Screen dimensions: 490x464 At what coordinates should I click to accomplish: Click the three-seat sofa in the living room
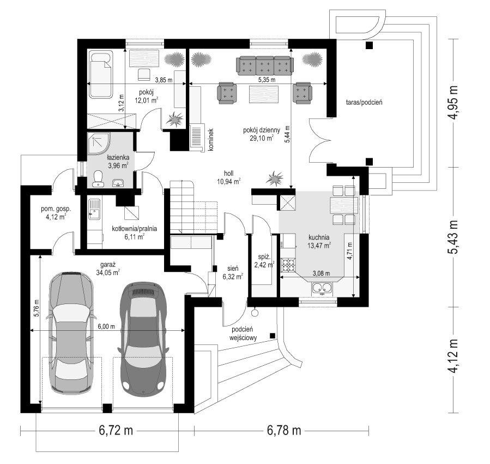(265, 66)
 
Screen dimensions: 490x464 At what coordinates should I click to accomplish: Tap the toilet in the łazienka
(98, 179)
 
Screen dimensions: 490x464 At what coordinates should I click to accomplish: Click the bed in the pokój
(101, 75)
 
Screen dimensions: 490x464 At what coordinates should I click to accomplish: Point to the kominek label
(210, 140)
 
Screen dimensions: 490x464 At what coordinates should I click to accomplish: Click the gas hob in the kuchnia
(289, 265)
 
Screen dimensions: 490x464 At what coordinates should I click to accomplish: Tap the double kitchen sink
(322, 288)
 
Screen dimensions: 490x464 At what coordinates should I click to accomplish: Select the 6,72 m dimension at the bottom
(116, 431)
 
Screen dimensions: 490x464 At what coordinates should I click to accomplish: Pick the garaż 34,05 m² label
(108, 269)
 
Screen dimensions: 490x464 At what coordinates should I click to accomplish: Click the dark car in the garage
(142, 340)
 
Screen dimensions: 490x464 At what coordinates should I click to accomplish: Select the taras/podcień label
(364, 102)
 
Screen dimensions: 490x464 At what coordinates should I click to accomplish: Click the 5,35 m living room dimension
(267, 80)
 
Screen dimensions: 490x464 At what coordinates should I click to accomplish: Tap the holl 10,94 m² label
(228, 177)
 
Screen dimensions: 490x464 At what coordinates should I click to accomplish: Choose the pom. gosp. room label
(56, 212)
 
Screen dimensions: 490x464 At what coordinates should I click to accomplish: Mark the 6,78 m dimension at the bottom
(284, 431)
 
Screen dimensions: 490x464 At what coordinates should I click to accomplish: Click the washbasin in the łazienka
(118, 183)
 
